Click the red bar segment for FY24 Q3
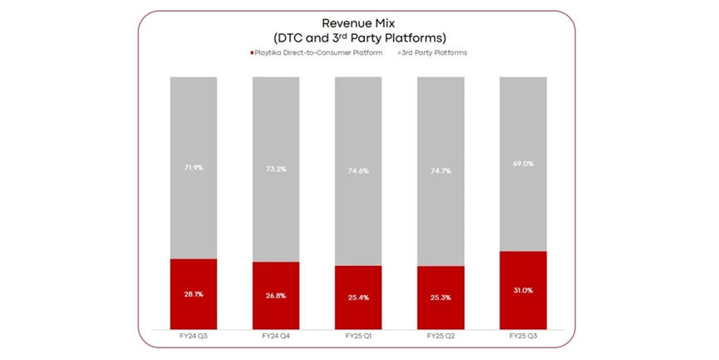tap(194, 294)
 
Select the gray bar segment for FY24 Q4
tap(276, 170)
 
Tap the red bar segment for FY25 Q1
tap(358, 298)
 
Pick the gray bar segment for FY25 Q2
tap(441, 171)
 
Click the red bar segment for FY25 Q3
tap(523, 290)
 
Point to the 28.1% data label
tap(194, 294)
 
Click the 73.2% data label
tap(276, 170)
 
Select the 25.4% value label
tap(358, 298)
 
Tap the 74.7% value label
tap(441, 171)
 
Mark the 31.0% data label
tap(523, 290)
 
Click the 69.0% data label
tap(523, 164)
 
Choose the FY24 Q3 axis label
tap(194, 336)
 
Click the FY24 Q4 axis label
tap(276, 336)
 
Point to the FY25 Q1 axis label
tap(358, 336)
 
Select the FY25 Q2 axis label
tap(441, 336)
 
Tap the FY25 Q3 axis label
tap(523, 336)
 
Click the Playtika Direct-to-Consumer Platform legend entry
tap(317, 52)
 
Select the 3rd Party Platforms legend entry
tap(432, 52)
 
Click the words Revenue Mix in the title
tap(358, 23)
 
